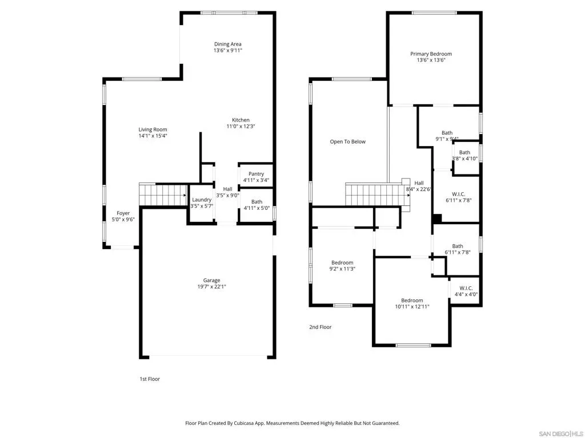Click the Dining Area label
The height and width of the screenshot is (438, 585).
227,44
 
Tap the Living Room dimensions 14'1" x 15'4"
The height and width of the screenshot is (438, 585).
153,136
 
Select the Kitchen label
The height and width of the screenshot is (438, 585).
241,120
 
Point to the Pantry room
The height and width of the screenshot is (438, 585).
256,175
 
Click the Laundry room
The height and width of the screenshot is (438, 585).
202,204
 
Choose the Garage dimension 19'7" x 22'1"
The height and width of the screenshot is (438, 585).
211,286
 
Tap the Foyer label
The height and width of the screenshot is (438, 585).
123,213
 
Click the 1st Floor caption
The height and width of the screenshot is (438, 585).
150,379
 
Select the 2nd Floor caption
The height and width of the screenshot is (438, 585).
320,327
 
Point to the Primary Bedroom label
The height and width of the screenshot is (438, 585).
431,54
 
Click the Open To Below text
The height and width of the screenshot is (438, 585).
348,141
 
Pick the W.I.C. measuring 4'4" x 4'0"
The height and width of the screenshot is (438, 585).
465,291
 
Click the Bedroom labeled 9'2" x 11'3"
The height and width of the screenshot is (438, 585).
342,266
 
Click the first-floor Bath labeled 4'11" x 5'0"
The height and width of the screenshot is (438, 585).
257,205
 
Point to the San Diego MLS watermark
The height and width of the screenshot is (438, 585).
561,434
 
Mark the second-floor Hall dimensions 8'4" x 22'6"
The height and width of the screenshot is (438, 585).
419,189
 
